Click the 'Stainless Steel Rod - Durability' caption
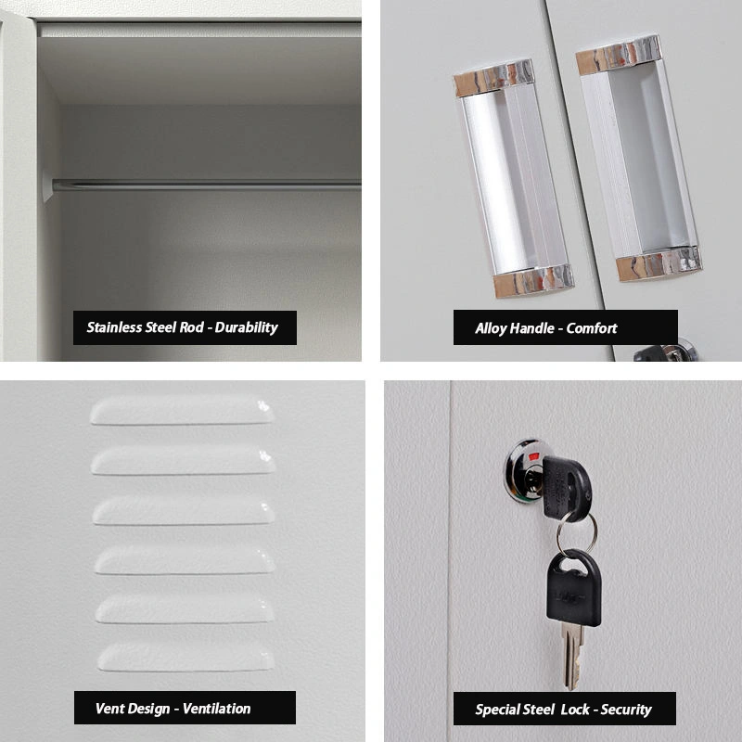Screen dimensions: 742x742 click(185, 327)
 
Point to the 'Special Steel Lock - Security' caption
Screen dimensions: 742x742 click(564, 709)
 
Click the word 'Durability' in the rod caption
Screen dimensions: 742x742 click(246, 327)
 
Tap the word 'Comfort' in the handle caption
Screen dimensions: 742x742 click(592, 327)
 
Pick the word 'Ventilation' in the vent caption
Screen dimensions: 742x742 click(216, 708)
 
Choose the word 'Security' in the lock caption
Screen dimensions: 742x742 click(626, 709)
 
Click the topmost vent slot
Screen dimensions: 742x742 click(182, 411)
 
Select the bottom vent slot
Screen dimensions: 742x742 click(185, 658)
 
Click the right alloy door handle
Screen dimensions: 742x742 click(638, 158)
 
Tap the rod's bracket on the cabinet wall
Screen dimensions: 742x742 click(47, 185)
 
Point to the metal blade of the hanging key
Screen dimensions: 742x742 click(571, 654)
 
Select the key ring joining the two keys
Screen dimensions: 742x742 click(576, 533)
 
